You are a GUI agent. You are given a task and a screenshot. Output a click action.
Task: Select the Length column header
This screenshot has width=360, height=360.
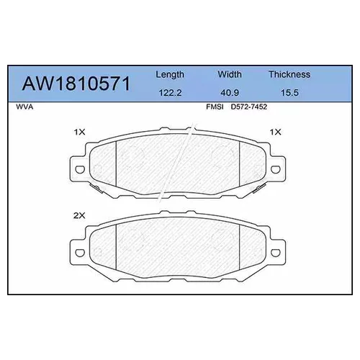[170, 74]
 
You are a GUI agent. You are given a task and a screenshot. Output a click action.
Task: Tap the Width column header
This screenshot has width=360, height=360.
[230, 74]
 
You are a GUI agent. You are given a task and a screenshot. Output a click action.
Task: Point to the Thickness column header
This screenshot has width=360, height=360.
[289, 74]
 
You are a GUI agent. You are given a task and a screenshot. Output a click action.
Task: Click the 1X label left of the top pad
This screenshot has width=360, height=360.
[79, 132]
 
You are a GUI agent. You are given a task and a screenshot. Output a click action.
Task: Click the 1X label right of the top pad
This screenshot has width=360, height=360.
[274, 132]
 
